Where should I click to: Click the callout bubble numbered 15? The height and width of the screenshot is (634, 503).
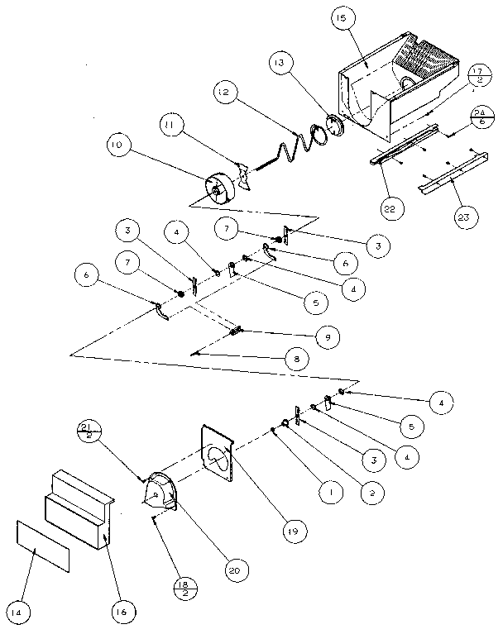(342, 18)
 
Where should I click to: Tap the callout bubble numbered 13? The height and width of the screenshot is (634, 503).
(280, 63)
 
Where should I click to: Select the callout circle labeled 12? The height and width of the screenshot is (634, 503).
(224, 93)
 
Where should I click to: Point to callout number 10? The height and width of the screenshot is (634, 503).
(117, 145)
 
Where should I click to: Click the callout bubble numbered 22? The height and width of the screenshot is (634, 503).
(390, 208)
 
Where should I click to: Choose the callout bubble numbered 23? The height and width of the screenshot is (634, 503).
(464, 217)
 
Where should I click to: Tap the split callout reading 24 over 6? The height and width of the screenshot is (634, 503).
(481, 117)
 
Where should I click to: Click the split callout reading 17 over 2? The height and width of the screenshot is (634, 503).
(479, 75)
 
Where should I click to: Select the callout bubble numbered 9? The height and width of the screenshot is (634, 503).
(327, 337)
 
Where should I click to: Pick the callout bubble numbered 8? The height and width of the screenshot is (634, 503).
(297, 359)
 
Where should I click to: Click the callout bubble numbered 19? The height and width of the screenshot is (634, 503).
(295, 531)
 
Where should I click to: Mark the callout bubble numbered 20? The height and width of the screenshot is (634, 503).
(237, 570)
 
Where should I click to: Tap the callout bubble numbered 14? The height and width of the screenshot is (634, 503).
(17, 613)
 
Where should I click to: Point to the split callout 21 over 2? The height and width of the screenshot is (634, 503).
(89, 431)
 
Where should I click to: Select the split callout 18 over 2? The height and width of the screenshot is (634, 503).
(185, 589)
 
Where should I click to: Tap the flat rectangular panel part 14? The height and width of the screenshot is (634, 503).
(43, 546)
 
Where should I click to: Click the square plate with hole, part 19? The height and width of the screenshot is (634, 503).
(218, 453)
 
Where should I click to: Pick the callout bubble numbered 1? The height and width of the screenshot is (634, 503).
(331, 493)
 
